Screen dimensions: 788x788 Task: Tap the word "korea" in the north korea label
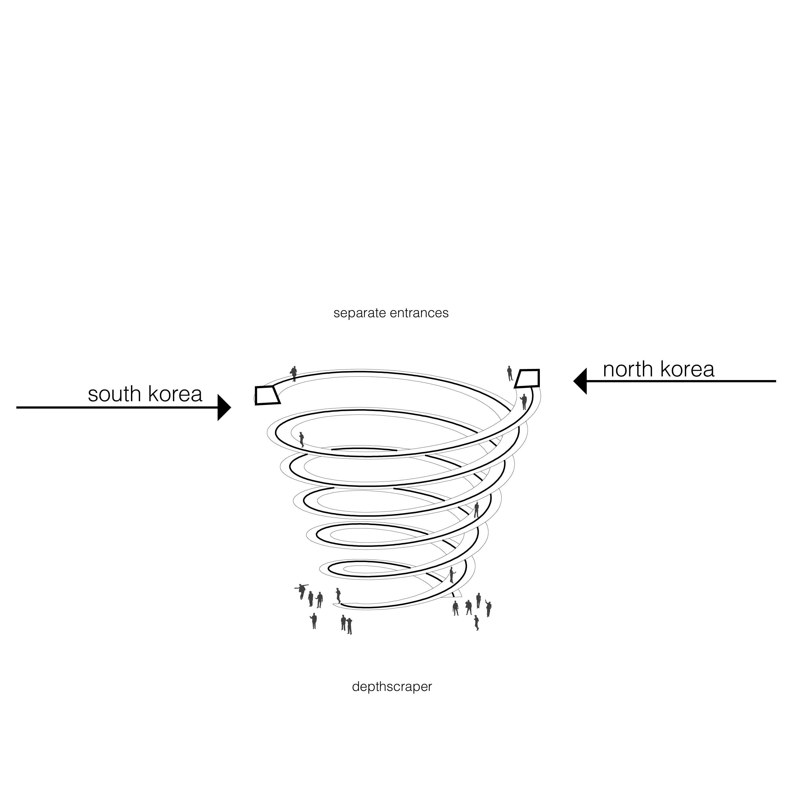tap(687, 369)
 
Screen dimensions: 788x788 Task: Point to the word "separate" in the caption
tap(360, 313)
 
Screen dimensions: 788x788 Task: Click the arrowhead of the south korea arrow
tap(224, 407)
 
